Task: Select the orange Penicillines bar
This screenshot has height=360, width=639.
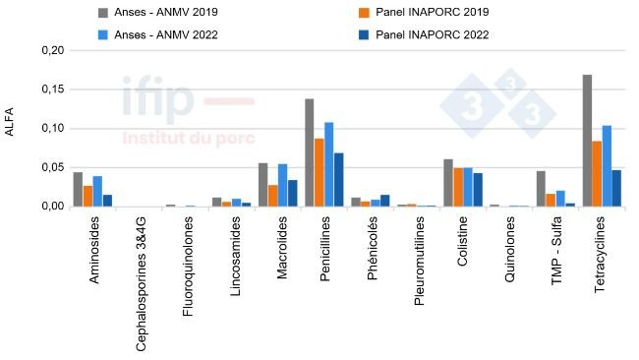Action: (319, 172)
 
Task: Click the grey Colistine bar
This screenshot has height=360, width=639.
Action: (448, 183)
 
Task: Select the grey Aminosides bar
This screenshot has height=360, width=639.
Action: (78, 189)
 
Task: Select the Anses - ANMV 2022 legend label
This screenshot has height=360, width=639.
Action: (165, 34)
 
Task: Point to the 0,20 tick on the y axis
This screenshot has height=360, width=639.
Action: (51, 50)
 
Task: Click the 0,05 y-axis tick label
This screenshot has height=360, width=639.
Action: (51, 167)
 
